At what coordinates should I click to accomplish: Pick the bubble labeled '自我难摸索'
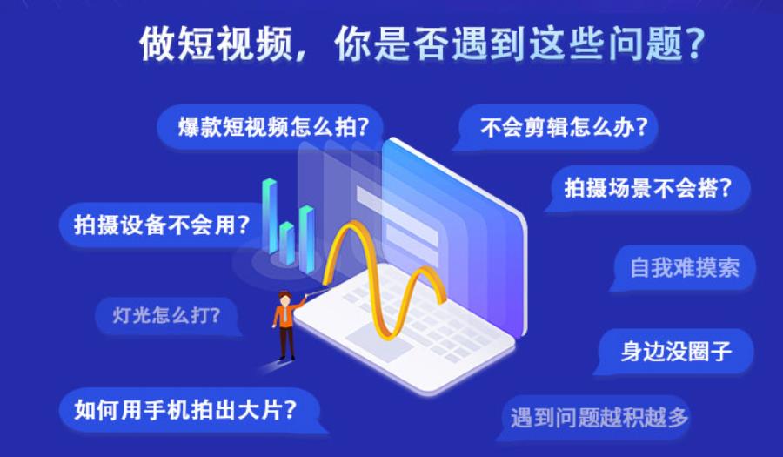pos(684,267)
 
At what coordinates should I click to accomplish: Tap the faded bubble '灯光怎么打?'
pos(166,316)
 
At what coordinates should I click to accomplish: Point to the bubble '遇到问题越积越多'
pos(599,418)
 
